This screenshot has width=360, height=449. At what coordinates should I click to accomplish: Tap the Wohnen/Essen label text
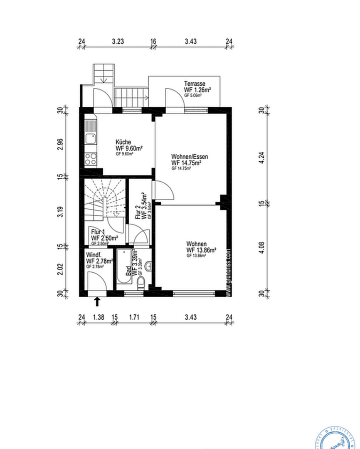189,157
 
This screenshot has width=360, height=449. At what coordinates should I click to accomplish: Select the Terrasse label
195,84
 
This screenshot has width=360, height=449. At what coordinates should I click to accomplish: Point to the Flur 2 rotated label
138,212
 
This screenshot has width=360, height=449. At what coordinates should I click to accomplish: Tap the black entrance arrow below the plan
98,301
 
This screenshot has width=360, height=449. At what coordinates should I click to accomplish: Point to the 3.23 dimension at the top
118,41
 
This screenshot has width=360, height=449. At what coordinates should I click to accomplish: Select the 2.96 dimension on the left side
60,143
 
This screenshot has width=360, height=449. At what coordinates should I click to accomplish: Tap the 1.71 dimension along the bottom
134,317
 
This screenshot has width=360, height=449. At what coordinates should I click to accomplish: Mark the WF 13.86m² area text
202,250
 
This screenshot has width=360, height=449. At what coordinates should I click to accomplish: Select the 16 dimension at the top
153,41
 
